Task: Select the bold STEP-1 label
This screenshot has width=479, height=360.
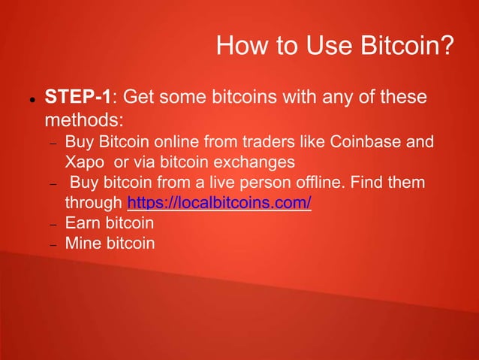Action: [78, 97]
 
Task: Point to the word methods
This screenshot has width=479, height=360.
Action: [77, 120]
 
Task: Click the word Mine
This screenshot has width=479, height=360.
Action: [82, 244]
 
